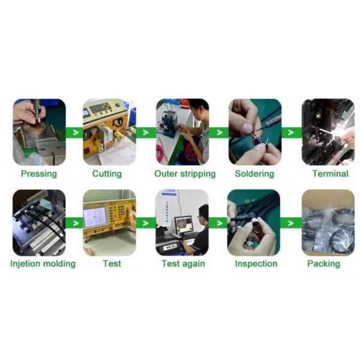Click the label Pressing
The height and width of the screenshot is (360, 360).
[39, 174]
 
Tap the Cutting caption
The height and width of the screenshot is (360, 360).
[107, 174]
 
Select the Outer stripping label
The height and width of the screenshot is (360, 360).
[185, 174]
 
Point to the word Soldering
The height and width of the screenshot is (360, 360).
[254, 174]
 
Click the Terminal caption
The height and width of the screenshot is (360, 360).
[330, 173]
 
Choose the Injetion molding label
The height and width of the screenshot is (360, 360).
[43, 263]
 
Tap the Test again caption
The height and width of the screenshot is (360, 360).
[183, 263]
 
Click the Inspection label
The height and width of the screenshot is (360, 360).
[256, 263]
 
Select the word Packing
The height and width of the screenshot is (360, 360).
[323, 263]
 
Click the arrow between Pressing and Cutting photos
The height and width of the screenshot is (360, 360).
[76, 133]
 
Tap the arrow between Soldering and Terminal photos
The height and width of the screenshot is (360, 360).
[290, 133]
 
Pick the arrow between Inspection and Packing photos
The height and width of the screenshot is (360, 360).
[290, 223]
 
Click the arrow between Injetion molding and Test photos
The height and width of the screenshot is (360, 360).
[76, 223]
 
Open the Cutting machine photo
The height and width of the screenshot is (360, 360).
[109, 132]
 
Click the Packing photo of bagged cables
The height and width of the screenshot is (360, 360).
[328, 223]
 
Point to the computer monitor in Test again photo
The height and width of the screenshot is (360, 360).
[183, 224]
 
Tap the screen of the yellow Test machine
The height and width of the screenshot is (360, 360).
[95, 217]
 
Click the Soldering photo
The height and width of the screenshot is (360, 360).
[255, 132]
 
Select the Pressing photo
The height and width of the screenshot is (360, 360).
[39, 132]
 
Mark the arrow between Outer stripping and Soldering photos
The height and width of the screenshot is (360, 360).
[220, 133]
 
